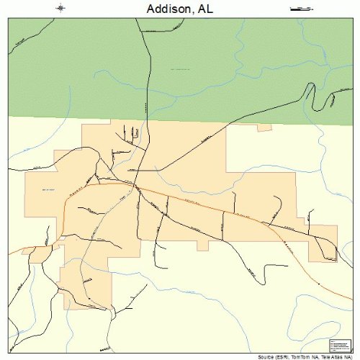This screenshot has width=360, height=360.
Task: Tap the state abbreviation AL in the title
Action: pyautogui.click(x=206, y=9)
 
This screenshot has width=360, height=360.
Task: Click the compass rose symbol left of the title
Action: pyautogui.click(x=60, y=9)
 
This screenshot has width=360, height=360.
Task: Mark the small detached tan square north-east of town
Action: pyautogui.click(x=265, y=129)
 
